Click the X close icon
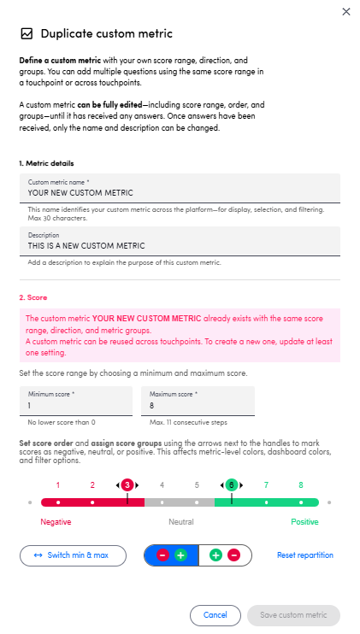pyautogui.click(x=345, y=12)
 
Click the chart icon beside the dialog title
pyautogui.click(x=27, y=33)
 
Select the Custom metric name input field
pyautogui.click(x=180, y=189)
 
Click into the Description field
pyautogui.click(x=180, y=242)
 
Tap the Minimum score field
pyautogui.click(x=76, y=401)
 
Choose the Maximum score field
pyautogui.click(x=198, y=401)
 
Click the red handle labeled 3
pyautogui.click(x=127, y=484)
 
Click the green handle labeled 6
pyautogui.click(x=232, y=484)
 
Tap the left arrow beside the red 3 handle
pyautogui.click(x=118, y=485)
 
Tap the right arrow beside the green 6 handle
pyautogui.click(x=241, y=485)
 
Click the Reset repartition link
pyautogui.click(x=305, y=555)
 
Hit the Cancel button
pyautogui.click(x=215, y=615)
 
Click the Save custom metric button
pyautogui.click(x=293, y=615)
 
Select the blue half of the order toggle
pyautogui.click(x=171, y=555)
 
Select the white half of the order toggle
pyautogui.click(x=225, y=555)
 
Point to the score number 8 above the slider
pyautogui.click(x=300, y=485)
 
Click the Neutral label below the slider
pyautogui.click(x=180, y=522)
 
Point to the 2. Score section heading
pyautogui.click(x=33, y=297)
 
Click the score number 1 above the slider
pyautogui.click(x=58, y=485)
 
